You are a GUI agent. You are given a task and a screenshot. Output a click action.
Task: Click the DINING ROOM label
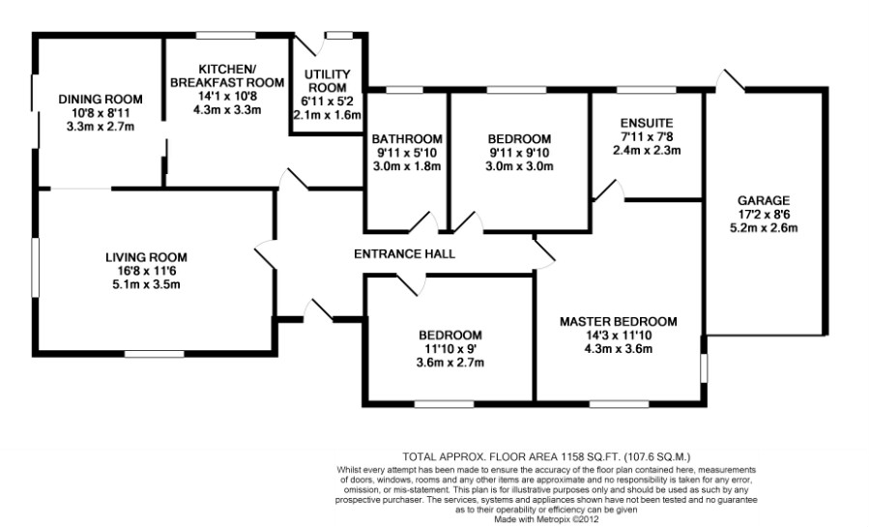point(101,100)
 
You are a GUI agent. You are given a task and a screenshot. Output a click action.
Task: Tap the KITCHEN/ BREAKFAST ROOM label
point(227,75)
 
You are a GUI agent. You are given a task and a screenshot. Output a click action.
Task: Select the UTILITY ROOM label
point(328,80)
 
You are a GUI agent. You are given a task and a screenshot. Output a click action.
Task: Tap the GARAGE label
point(766,200)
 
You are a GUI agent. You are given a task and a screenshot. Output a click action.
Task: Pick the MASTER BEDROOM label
point(618,321)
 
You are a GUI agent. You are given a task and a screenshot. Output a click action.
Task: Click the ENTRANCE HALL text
point(404,253)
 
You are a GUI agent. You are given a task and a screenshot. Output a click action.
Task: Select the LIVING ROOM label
point(146,257)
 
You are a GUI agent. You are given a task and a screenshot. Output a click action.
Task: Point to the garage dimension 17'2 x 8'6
point(766,214)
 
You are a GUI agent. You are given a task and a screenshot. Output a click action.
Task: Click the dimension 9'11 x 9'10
point(519,152)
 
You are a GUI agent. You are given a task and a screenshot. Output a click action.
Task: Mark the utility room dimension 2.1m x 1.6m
point(328,114)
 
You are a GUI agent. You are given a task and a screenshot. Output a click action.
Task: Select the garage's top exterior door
point(729,81)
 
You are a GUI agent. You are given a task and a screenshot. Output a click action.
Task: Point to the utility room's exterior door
point(309,44)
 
